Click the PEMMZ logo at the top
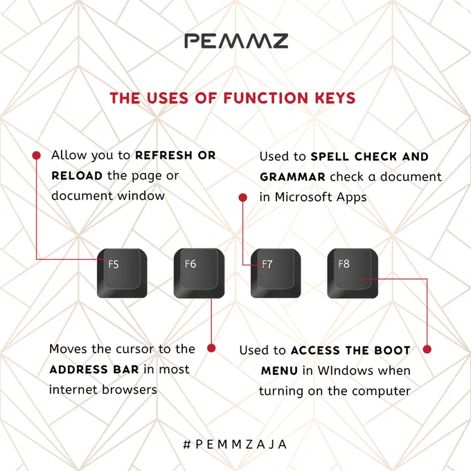[236, 41]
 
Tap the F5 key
[122, 274]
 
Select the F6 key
[199, 274]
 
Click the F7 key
[276, 274]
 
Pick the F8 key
[353, 274]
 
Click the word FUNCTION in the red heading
[266, 98]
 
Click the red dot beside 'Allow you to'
[36, 155]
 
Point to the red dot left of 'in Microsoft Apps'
[243, 197]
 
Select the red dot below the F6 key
[211, 348]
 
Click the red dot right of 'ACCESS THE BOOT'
[427, 349]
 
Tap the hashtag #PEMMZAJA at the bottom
[235, 444]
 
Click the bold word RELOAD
[77, 176]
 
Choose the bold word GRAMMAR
[292, 177]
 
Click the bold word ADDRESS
[79, 369]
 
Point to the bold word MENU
[279, 371]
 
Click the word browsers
[130, 389]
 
